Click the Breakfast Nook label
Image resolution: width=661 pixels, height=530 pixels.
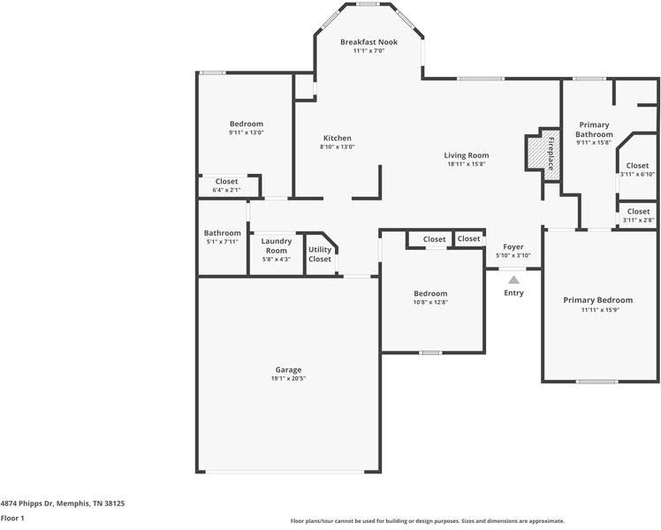click(x=368, y=42)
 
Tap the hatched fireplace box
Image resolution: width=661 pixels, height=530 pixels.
click(x=536, y=152)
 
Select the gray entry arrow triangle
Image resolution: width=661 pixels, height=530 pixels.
click(x=513, y=279)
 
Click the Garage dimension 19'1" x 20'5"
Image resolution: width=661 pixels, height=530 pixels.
click(x=288, y=378)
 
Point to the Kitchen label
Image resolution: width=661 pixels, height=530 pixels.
click(x=338, y=138)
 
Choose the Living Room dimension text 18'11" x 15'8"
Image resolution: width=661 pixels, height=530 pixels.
click(x=467, y=164)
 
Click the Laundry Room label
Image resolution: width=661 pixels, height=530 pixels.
click(x=276, y=246)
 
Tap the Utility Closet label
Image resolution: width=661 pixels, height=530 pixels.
click(x=320, y=254)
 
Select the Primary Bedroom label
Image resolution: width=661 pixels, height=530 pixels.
click(x=597, y=300)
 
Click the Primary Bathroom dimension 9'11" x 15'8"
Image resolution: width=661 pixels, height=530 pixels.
click(x=594, y=143)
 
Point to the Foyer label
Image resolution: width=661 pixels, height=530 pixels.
click(x=513, y=246)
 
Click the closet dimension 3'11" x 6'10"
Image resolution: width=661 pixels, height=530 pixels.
click(x=637, y=174)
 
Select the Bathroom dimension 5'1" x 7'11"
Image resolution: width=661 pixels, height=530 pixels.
click(x=222, y=242)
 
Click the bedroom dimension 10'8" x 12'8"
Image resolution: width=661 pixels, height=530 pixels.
click(x=430, y=302)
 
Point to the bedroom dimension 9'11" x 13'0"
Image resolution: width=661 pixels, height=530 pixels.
click(x=247, y=132)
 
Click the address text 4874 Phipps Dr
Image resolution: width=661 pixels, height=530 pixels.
click(x=27, y=503)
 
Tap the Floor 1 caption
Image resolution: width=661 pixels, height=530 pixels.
click(x=12, y=519)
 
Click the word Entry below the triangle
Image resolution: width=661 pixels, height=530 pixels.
click(x=513, y=292)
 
